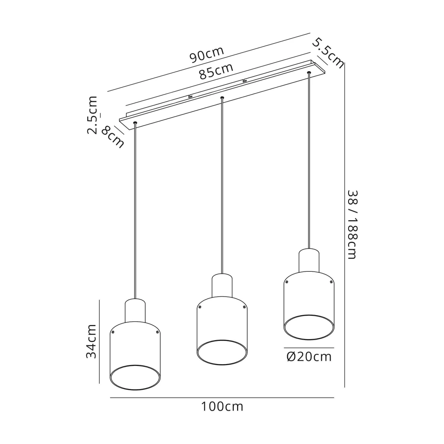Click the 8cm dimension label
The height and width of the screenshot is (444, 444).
click(x=113, y=137)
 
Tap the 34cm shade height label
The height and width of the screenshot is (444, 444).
click(x=91, y=341)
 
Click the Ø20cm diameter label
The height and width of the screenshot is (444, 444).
click(x=309, y=357)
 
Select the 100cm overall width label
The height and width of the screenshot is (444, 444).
click(x=222, y=406)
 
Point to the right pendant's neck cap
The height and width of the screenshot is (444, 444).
click(x=309, y=260)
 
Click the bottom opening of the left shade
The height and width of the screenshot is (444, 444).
click(x=135, y=378)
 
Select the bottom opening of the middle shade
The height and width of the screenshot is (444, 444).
click(x=222, y=352)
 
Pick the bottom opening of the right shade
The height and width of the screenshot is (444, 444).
click(x=309, y=327)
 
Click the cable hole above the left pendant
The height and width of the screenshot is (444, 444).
click(x=135, y=123)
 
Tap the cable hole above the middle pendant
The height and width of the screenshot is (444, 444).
click(x=222, y=97)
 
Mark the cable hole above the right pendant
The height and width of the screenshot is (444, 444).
click(x=309, y=73)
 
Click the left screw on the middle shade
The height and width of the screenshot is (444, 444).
click(x=200, y=307)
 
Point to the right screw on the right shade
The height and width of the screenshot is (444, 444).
click(x=331, y=282)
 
